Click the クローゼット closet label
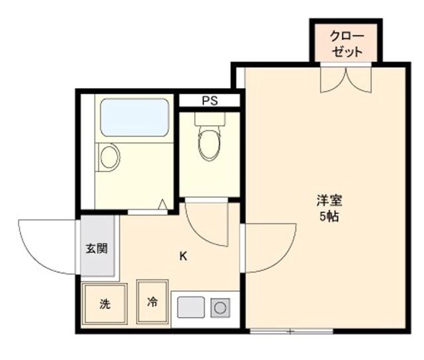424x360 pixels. coord(347,43)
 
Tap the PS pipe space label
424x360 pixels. coord(210,101)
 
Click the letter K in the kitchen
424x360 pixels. coord(183,255)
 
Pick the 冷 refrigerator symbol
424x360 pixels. coord(152,302)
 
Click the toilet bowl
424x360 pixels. coord(209,142)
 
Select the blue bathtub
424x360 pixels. coord(134,117)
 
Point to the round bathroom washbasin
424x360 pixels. coord(109,157)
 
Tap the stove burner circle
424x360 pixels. coord(219,307)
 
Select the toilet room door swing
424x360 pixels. coord(205,225)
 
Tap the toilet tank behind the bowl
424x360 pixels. coord(210,119)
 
